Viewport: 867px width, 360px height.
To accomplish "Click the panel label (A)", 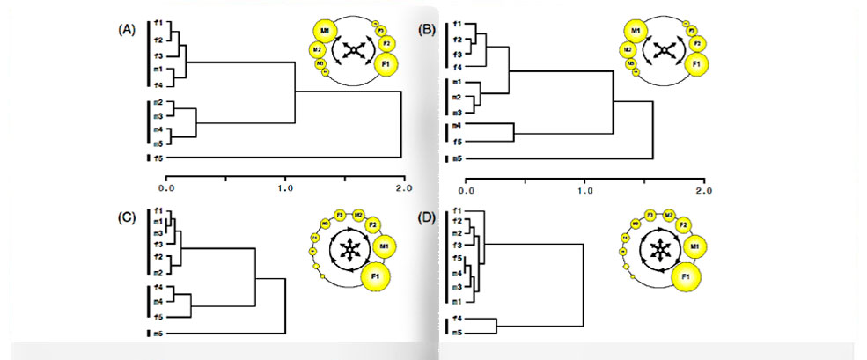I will (126, 28).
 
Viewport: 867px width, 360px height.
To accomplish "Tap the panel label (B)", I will (429, 28).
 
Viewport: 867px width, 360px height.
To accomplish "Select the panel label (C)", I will (126, 217).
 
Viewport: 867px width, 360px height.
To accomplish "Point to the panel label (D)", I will (428, 217).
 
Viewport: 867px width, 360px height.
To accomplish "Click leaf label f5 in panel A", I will (157, 158).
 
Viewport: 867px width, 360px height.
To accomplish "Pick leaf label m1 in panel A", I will (157, 70).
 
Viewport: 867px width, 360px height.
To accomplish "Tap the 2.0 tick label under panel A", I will (404, 187).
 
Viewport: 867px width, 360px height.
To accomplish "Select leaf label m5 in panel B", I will (458, 159).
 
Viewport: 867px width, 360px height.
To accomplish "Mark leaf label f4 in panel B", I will (458, 67).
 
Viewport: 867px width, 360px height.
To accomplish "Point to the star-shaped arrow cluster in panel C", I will (350, 253).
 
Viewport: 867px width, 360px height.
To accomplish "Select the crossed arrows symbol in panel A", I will (351, 53).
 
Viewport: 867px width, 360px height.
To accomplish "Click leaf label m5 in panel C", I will (157, 334).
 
